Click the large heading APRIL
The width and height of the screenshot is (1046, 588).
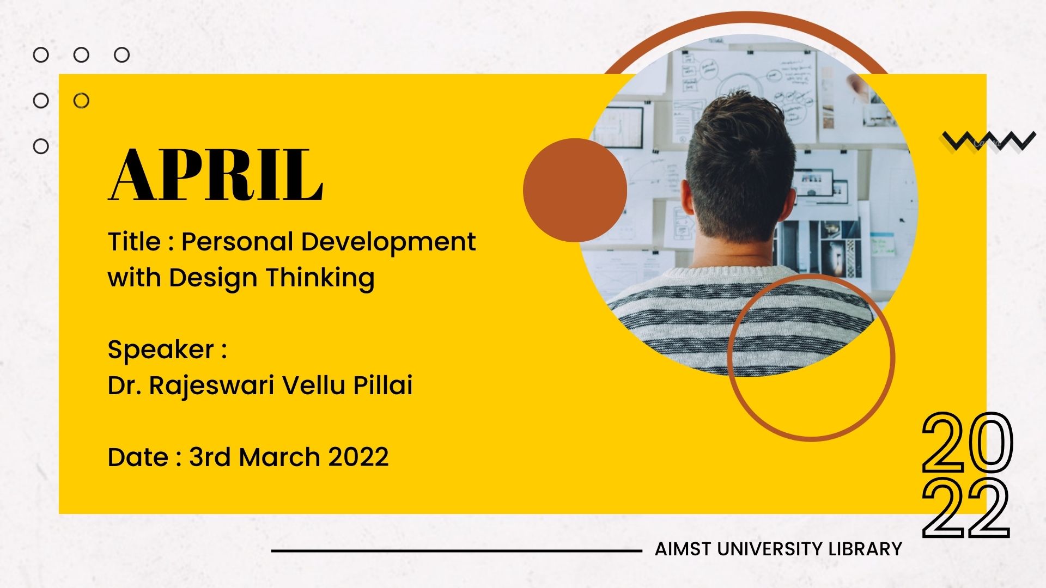(x=216, y=175)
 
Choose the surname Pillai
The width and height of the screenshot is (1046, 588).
(x=383, y=384)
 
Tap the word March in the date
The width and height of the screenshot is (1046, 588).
(x=279, y=457)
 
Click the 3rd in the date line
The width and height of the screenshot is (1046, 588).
(x=210, y=457)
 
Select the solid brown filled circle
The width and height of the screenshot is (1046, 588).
(x=575, y=190)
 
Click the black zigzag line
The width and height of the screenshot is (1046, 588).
(x=988, y=140)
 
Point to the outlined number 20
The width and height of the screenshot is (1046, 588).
(x=967, y=442)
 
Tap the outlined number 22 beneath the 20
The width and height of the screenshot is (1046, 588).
(x=966, y=509)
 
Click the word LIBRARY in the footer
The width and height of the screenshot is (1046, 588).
(x=865, y=549)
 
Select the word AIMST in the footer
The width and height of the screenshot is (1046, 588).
(x=683, y=549)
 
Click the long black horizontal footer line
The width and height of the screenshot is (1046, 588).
(x=457, y=551)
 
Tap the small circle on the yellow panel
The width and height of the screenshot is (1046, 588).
(x=81, y=101)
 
